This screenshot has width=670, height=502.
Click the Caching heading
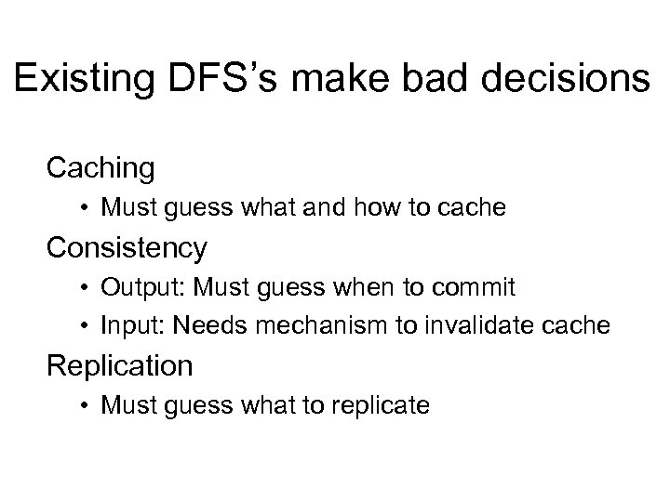100,168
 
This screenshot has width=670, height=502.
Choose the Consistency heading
127,247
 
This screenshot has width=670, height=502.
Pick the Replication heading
121,365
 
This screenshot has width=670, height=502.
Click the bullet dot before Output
86,288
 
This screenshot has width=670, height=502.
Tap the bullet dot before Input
86,325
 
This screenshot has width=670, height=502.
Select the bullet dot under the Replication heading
86,406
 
